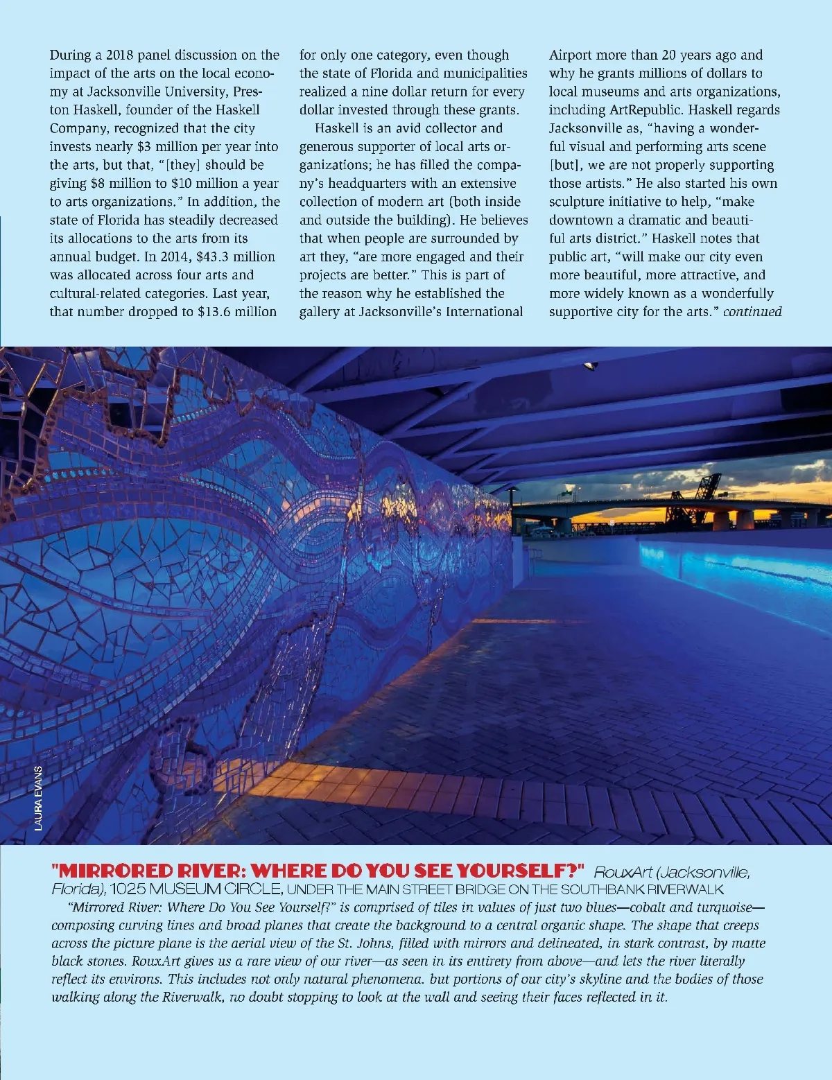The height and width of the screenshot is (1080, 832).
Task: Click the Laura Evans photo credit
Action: point(38,797)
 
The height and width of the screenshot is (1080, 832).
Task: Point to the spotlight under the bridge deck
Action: point(590,365)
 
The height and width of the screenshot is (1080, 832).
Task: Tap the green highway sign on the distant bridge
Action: point(568,489)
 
